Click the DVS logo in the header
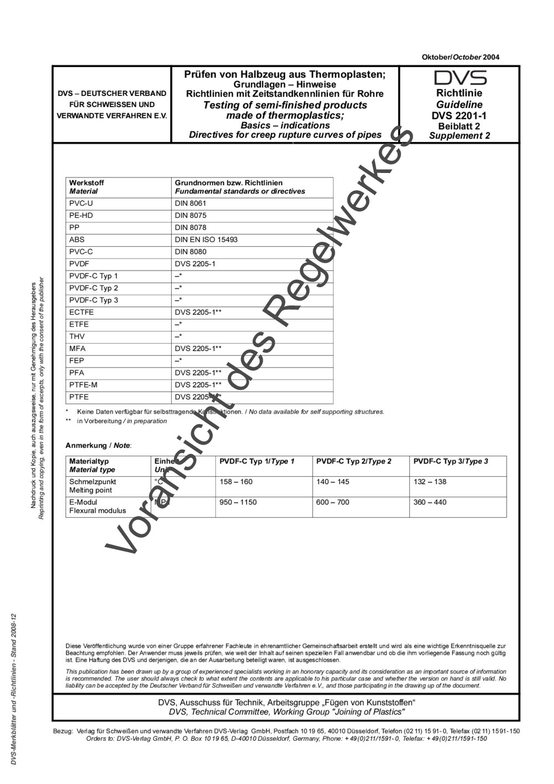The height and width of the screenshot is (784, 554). point(460,78)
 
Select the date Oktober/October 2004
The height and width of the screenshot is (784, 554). point(460,57)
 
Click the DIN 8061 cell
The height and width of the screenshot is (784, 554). point(191,203)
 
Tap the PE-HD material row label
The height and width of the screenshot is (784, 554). point(81,216)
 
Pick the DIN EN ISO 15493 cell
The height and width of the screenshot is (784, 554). point(206,240)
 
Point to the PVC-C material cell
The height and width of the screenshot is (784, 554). point(81,252)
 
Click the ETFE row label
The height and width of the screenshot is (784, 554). point(79,324)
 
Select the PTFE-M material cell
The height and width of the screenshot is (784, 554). point(83,385)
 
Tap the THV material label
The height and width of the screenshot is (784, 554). point(77,337)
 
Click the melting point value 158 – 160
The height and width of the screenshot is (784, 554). point(236,482)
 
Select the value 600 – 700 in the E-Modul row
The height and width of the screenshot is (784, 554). point(333,502)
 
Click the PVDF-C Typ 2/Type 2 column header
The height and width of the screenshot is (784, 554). point(354,461)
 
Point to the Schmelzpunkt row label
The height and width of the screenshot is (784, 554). point(93,482)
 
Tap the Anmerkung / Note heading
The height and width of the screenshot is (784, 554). point(99,445)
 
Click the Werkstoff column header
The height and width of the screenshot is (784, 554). point(86,183)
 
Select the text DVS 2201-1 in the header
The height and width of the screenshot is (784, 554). point(459,116)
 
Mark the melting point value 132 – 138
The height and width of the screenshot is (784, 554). point(430,482)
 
